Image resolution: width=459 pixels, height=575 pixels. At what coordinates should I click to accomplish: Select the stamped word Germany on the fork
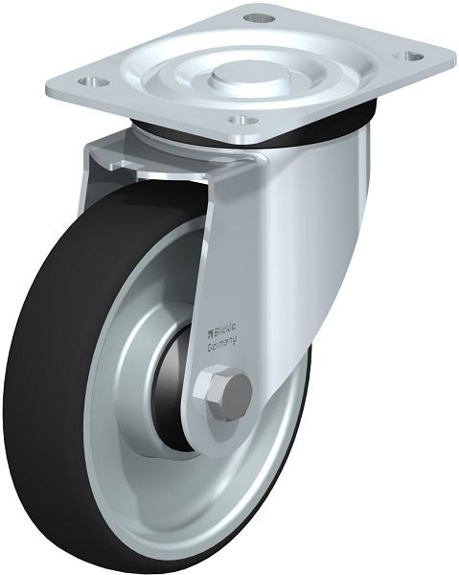coord(222,344)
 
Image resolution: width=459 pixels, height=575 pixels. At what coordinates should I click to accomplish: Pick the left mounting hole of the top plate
coord(95,80)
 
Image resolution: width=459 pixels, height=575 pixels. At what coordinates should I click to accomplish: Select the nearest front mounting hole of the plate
coord(242,120)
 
